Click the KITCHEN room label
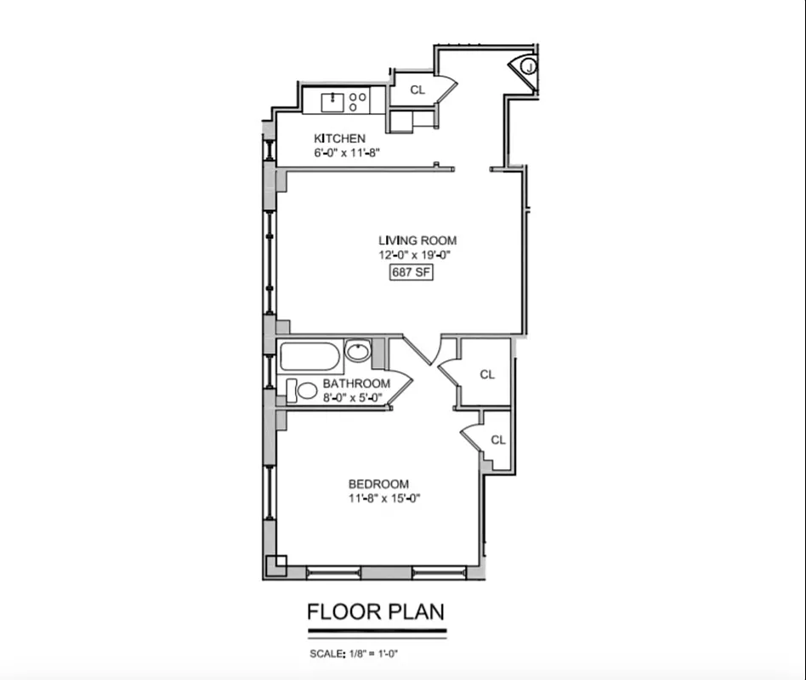[x=339, y=139]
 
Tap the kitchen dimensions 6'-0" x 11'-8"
[x=347, y=154]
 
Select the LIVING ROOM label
[x=417, y=241]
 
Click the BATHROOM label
[x=356, y=383]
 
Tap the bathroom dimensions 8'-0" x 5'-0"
[x=352, y=397]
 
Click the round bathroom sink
[x=358, y=350]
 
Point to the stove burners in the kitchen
[x=358, y=102]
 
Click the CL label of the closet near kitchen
[x=417, y=89]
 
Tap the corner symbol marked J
[x=527, y=66]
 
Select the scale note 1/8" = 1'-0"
[x=355, y=654]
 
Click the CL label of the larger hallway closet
[x=487, y=374]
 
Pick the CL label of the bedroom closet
[x=498, y=440]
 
